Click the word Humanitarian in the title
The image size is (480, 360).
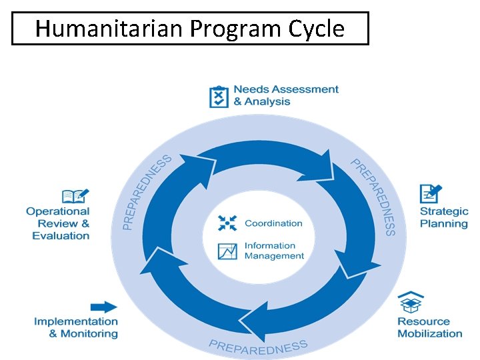109,29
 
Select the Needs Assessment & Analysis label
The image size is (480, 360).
286,95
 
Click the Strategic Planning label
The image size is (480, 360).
444,217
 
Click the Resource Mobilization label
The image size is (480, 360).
430,327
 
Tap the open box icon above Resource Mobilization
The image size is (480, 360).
411,303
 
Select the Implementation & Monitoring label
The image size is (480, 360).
76,327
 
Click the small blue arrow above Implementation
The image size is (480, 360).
103,307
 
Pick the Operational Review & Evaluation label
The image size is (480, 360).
58,223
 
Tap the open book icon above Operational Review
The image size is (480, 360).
75,196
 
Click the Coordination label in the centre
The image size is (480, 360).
273,223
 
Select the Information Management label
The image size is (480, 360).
274,251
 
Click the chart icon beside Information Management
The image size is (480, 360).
227,251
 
